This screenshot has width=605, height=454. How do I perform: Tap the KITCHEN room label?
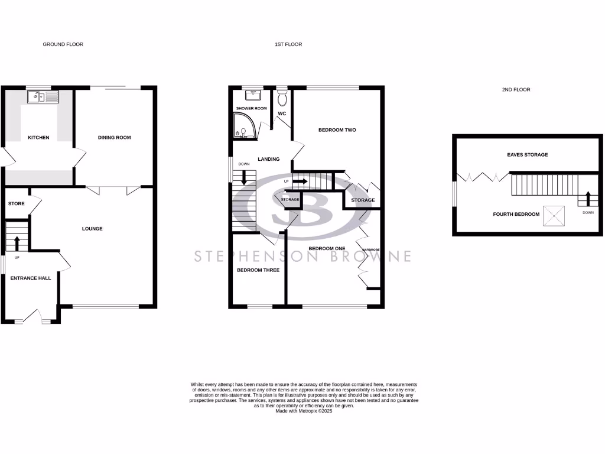pyautogui.click(x=38, y=138)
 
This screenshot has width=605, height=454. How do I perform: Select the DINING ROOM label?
pyautogui.click(x=114, y=138)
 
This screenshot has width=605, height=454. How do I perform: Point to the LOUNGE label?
pyautogui.click(x=93, y=229)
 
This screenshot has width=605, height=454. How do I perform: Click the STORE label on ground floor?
pyautogui.click(x=17, y=204)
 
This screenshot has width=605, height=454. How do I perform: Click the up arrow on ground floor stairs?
pyautogui.click(x=17, y=242)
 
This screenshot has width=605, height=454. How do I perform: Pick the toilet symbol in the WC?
pyautogui.click(x=282, y=96)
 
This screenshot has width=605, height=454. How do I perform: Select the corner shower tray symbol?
pyautogui.click(x=242, y=125)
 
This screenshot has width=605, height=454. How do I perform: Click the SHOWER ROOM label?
pyautogui.click(x=252, y=109)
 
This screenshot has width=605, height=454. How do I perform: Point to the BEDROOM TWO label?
pyautogui.click(x=337, y=130)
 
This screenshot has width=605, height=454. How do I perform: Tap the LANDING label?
pyautogui.click(x=268, y=159)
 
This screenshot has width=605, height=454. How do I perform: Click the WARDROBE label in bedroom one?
pyautogui.click(x=370, y=249)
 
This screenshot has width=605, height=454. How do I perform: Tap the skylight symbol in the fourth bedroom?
pyautogui.click(x=554, y=215)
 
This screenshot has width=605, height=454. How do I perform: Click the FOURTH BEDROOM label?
pyautogui.click(x=516, y=214)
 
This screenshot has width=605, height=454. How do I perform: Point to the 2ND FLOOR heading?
pyautogui.click(x=515, y=90)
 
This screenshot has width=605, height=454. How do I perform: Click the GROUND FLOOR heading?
pyautogui.click(x=63, y=44)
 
